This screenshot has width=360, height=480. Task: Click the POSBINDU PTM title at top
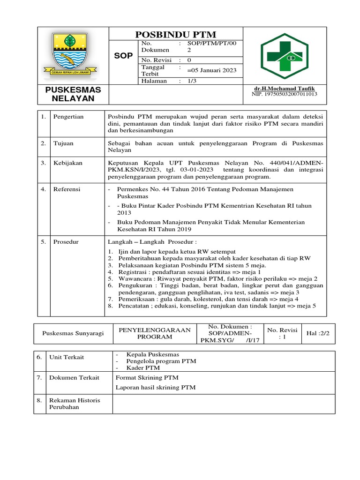pyautogui.click(x=176, y=34)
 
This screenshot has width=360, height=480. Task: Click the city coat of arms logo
pyautogui.click(x=73, y=54)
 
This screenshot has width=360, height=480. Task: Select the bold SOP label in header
pyautogui.click(x=124, y=56)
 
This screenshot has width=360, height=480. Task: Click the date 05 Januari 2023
pyautogui.click(x=211, y=70)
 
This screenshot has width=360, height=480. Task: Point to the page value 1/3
pyautogui.click(x=192, y=81)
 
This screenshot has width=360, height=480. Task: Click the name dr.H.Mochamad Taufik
pyautogui.click(x=285, y=89)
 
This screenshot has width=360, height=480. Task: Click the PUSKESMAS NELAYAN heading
pyautogui.click(x=73, y=94)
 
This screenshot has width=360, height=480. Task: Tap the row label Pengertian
pyautogui.click(x=68, y=117)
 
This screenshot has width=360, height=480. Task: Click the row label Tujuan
pyautogui.click(x=63, y=143)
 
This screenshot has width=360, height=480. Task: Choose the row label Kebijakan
pyautogui.click(x=68, y=163)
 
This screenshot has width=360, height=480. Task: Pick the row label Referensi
pyautogui.click(x=67, y=189)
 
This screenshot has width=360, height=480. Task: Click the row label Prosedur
pyautogui.click(x=66, y=242)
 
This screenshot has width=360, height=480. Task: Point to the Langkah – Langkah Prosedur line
pyautogui.click(x=152, y=242)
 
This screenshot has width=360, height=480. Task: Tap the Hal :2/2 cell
pyautogui.click(x=318, y=333)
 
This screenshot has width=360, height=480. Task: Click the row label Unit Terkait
pyautogui.click(x=67, y=358)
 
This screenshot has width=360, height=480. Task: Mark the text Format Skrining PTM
pyautogui.click(x=147, y=378)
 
